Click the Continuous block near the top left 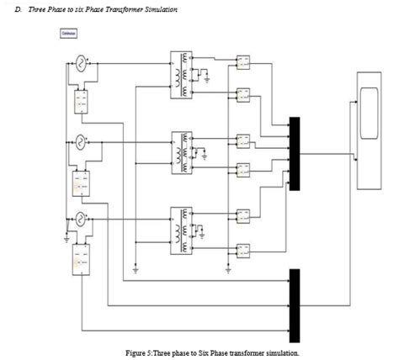point(69,34)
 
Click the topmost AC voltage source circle point(82,62)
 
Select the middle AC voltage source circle point(82,140)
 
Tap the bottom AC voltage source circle point(82,219)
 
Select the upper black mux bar point(294,153)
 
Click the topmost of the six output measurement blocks point(243,61)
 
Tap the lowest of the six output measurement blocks point(243,249)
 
